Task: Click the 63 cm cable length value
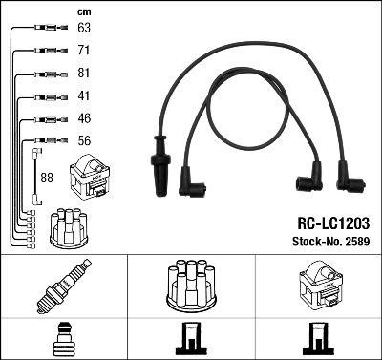[x=84, y=28]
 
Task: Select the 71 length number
[x=84, y=50]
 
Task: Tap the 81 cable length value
[x=84, y=73]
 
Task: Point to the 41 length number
[x=84, y=96]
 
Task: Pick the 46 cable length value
[x=84, y=118]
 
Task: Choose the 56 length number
[x=84, y=141]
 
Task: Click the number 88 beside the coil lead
[x=46, y=178]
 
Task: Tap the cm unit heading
[x=84, y=12]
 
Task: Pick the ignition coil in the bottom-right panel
[x=318, y=285]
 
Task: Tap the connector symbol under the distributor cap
[x=191, y=339]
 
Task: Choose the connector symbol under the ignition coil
[x=318, y=339]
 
